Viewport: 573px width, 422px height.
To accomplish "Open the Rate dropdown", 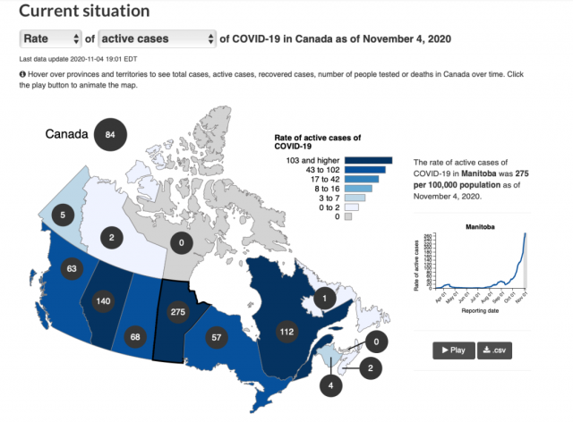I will pyautogui.click(x=51, y=38).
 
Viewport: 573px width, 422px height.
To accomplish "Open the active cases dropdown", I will pyautogui.click(x=158, y=38).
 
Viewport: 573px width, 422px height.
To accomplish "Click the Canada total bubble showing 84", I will pyautogui.click(x=111, y=135).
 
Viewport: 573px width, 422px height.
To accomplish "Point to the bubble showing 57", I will pyautogui.click(x=216, y=336).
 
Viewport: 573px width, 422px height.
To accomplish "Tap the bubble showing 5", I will pyautogui.click(x=62, y=215).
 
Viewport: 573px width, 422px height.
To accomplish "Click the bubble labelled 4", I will pyautogui.click(x=331, y=386).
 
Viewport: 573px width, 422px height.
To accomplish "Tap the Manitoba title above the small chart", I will pyautogui.click(x=482, y=227).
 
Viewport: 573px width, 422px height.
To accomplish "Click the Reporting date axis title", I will pyautogui.click(x=482, y=313).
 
